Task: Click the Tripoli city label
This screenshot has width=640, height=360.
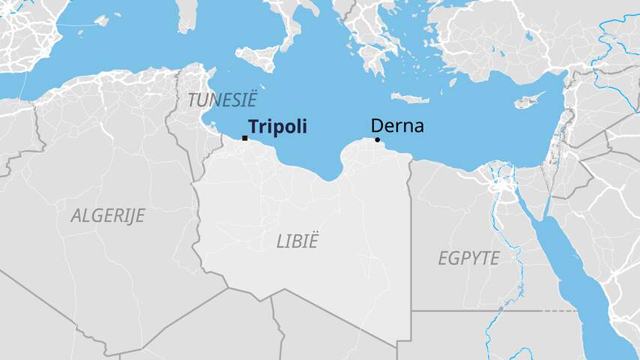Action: click(277, 127)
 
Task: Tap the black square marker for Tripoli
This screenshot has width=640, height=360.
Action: click(245, 138)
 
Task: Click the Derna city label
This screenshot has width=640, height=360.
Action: click(397, 126)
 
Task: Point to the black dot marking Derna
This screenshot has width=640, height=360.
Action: click(377, 139)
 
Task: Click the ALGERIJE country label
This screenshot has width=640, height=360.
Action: click(107, 215)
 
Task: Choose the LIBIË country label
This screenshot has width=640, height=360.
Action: click(298, 241)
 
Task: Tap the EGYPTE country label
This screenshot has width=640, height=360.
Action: click(468, 258)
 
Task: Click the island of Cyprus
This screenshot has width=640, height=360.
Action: click(530, 100)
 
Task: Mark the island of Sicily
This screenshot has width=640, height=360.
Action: click(259, 55)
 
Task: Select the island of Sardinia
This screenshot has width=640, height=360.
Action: click(187, 15)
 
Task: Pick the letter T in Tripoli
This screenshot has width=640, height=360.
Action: click(253, 127)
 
